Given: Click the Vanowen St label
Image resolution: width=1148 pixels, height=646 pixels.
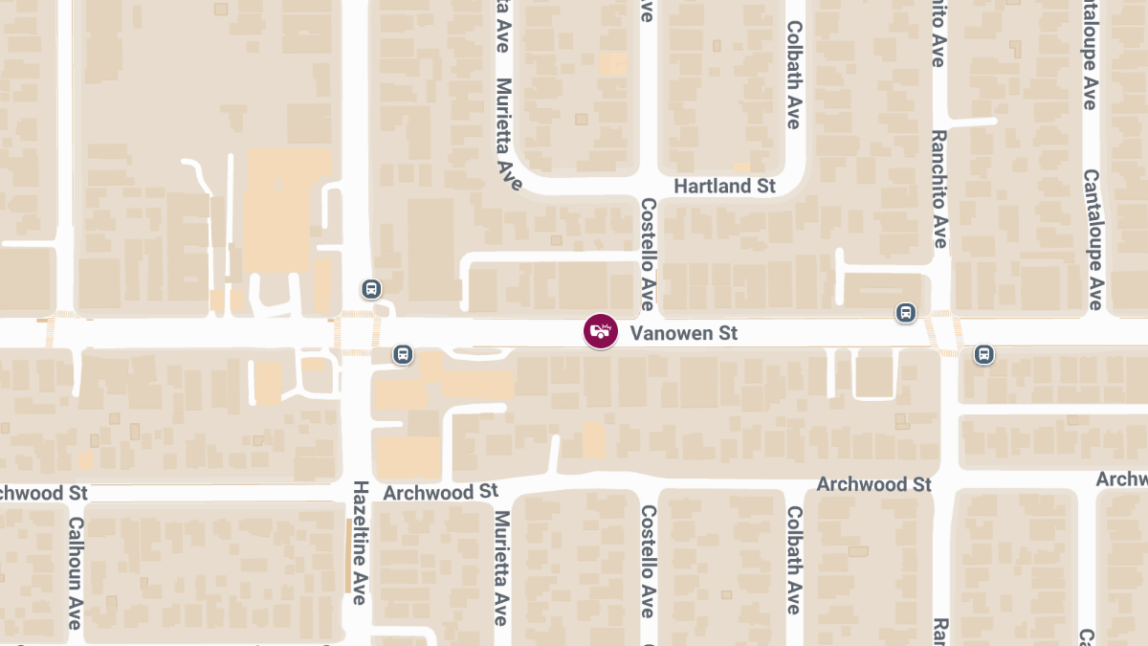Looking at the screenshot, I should click(684, 333).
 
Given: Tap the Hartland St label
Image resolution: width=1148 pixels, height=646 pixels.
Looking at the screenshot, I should click(724, 186).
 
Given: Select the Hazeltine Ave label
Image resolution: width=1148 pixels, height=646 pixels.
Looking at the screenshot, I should click(360, 542).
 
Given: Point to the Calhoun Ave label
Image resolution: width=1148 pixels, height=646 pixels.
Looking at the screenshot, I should click(75, 573).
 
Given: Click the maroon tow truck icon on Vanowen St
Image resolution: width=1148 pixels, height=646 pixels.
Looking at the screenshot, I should click(601, 332).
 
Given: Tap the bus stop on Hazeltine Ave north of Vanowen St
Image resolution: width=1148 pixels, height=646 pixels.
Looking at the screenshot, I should click(370, 288).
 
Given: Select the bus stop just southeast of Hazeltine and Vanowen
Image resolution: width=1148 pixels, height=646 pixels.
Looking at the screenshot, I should click(404, 355).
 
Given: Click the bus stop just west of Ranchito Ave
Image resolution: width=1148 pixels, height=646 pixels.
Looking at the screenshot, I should click(905, 313).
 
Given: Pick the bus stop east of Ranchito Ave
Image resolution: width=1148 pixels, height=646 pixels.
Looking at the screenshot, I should click(983, 355).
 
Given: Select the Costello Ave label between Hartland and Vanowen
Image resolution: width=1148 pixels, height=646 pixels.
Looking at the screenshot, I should click(648, 254).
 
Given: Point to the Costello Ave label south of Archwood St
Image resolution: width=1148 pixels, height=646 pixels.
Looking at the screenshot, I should click(648, 561).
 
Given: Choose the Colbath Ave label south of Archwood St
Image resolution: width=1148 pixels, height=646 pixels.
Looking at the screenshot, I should click(793, 560).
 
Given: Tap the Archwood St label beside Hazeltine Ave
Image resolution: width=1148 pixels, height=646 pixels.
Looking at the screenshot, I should click(440, 492).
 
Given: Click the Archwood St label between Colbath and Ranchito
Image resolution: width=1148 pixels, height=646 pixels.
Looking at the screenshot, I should click(874, 484).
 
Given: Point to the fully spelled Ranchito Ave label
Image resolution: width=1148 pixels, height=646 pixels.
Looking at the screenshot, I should click(939, 189).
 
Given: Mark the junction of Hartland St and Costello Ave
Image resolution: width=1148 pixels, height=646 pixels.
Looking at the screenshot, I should click(648, 186).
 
